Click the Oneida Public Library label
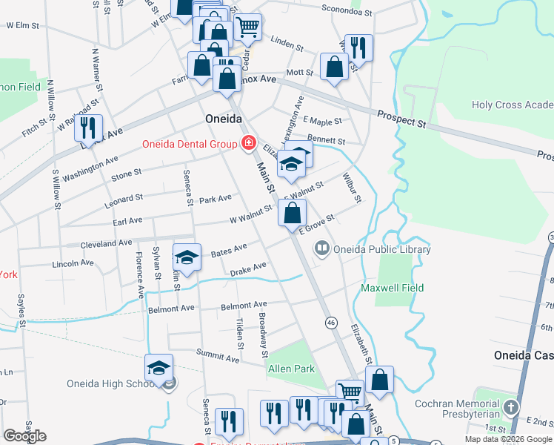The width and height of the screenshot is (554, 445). [x=382, y=249]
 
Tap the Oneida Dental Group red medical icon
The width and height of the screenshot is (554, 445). [x=248, y=142]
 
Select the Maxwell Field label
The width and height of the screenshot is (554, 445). [x=392, y=287]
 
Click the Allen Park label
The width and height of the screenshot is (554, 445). [x=291, y=369]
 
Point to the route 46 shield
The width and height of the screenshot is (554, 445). [x=331, y=323]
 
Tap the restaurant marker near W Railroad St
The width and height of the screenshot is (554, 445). [x=89, y=127]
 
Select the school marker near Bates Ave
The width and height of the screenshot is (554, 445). [x=187, y=257]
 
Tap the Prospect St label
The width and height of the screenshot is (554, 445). [x=401, y=119]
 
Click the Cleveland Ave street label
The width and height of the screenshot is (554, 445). [x=90, y=243]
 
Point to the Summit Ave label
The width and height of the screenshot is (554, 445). [x=218, y=358]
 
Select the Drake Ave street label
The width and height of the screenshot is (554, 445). [x=247, y=269]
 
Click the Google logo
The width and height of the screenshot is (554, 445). [x=24, y=436]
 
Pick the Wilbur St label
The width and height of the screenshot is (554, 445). [x=352, y=188]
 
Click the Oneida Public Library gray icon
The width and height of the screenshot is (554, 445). [x=322, y=249]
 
